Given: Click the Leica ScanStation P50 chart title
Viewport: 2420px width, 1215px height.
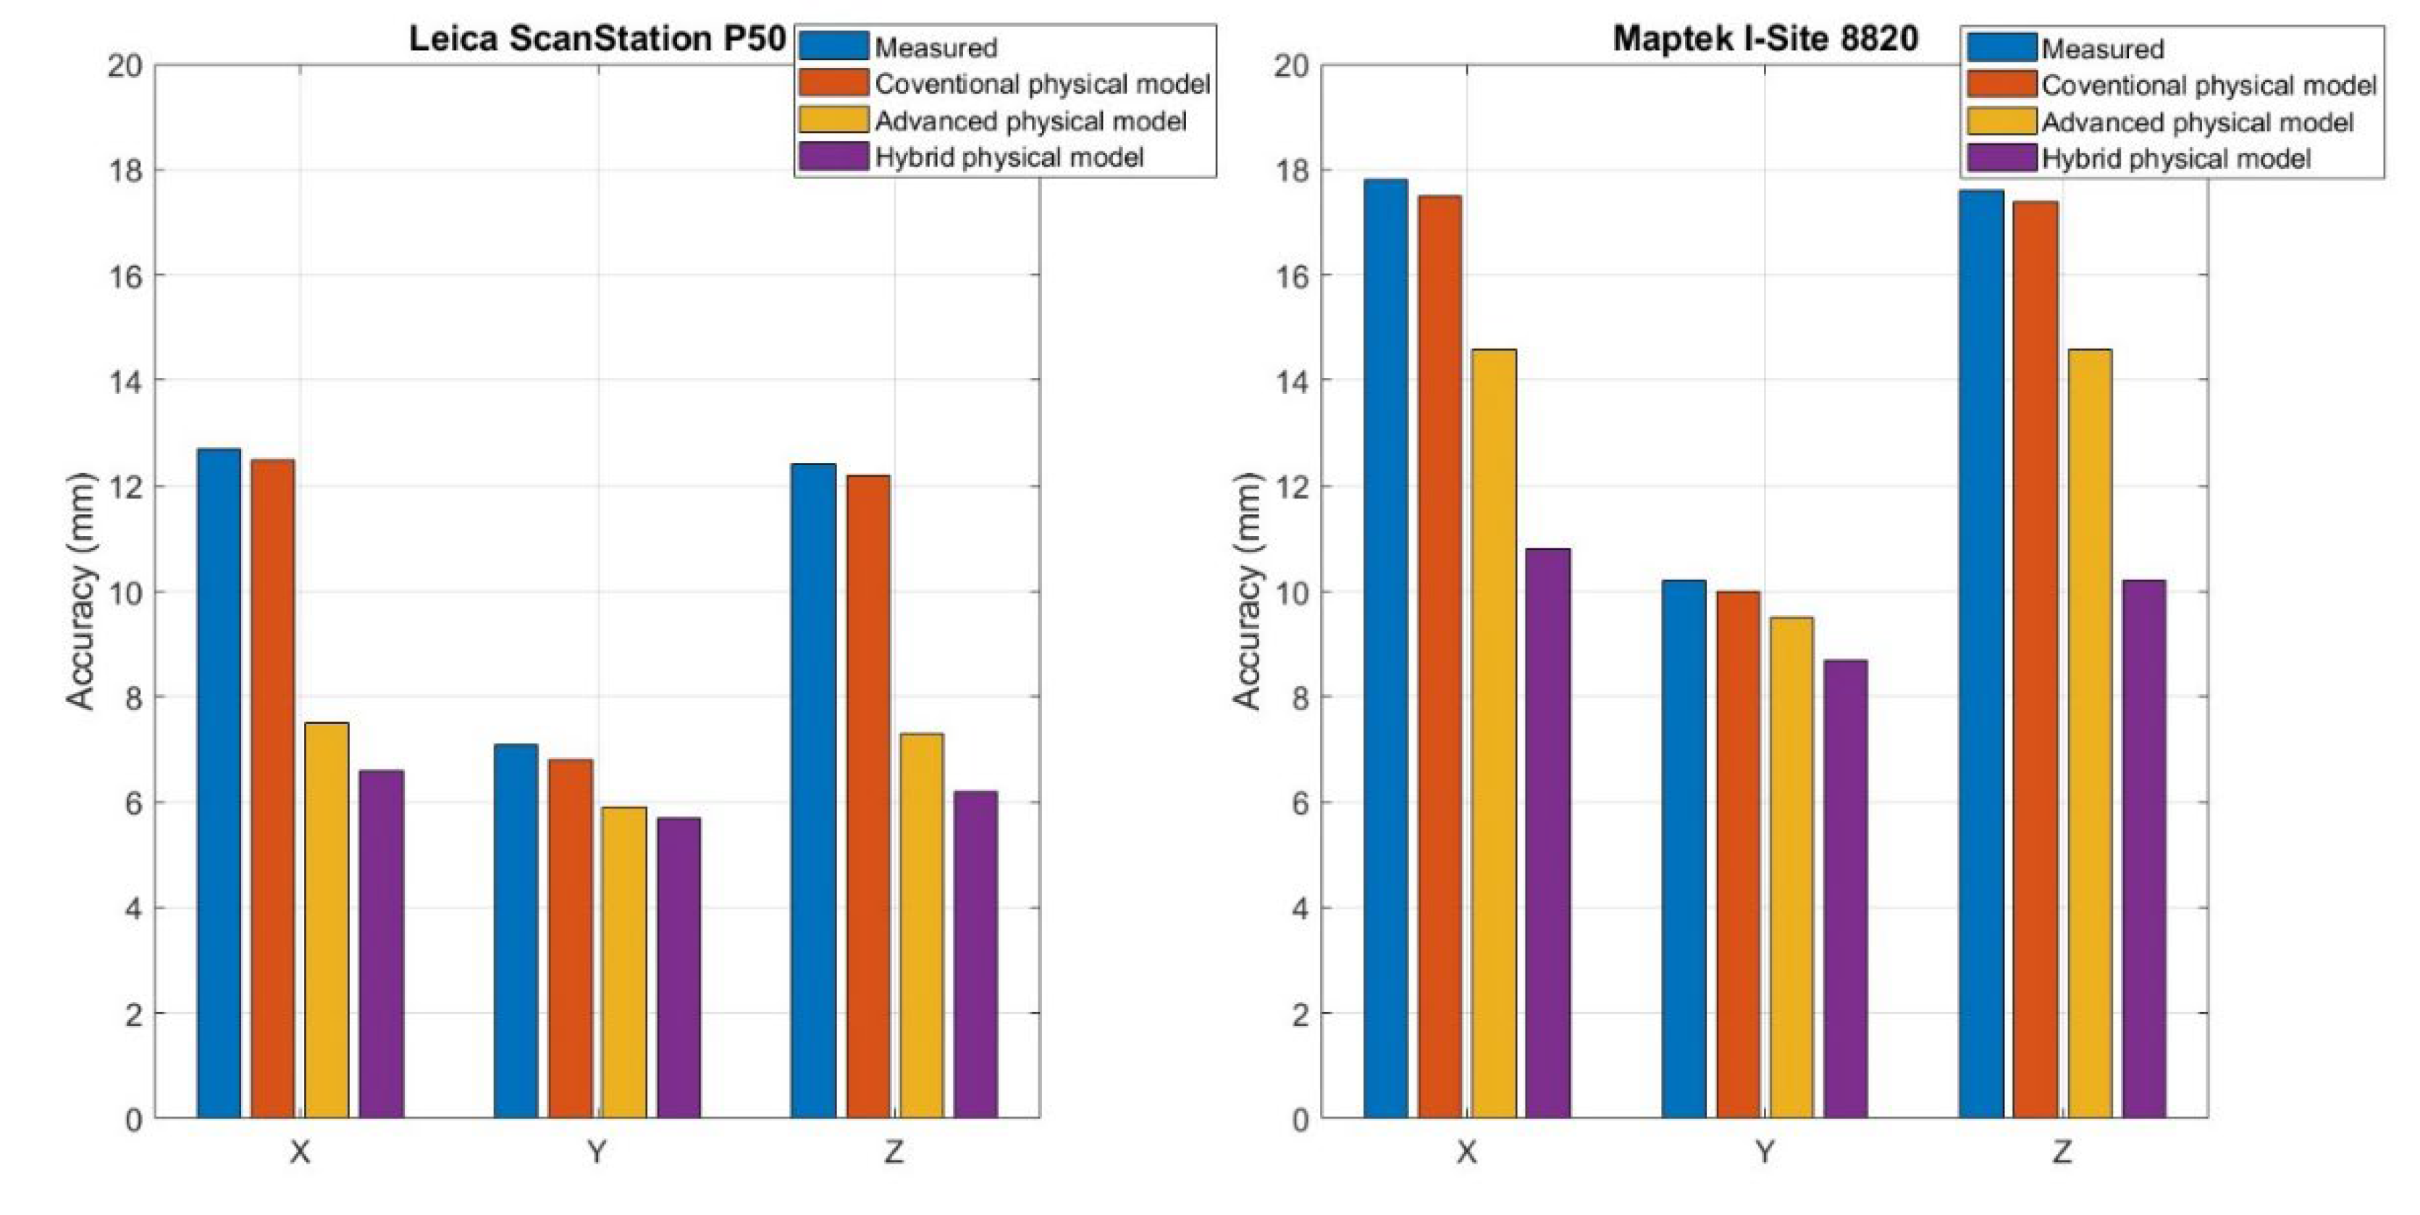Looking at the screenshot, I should [x=597, y=38].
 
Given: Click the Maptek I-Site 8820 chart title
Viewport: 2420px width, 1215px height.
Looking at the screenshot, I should [x=1765, y=38].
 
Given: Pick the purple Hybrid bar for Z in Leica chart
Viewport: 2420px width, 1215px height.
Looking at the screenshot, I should [x=976, y=953].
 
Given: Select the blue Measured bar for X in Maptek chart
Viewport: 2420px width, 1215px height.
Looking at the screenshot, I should [x=1386, y=648].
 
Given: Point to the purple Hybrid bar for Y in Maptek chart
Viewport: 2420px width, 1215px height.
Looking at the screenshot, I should [x=1845, y=888].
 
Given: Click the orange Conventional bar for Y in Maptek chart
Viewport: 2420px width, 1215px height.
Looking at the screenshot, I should [x=1738, y=854].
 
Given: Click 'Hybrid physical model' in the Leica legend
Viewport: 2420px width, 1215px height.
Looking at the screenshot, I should [x=1009, y=157].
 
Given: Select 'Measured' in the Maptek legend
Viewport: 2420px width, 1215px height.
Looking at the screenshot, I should [x=2102, y=49].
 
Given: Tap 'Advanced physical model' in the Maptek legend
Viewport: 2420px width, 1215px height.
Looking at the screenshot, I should [x=2198, y=122].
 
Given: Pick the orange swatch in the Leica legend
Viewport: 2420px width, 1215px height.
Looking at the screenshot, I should [x=833, y=83].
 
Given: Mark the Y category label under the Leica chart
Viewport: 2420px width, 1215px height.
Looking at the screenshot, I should [x=597, y=1151].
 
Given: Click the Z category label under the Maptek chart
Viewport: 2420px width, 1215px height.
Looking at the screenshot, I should [x=2062, y=1151].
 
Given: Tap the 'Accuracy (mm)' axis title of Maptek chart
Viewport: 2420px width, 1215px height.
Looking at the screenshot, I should [x=1247, y=591].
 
